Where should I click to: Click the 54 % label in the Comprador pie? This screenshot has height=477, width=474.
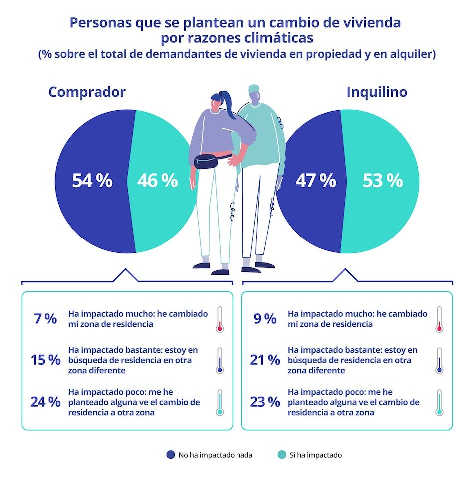(92, 181)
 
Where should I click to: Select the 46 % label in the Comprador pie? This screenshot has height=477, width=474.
(157, 181)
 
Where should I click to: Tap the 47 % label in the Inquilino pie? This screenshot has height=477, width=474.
(315, 181)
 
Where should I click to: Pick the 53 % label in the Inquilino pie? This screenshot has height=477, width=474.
(382, 181)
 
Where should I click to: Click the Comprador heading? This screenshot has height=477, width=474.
(87, 92)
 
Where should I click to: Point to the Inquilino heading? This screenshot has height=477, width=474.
(377, 92)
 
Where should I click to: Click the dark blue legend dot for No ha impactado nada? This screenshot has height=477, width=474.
(171, 455)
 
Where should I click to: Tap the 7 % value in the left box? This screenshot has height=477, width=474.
(45, 319)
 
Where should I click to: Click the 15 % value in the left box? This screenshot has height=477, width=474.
(45, 360)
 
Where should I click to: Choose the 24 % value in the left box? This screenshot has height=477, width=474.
(45, 402)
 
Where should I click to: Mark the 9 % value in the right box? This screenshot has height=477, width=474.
(265, 319)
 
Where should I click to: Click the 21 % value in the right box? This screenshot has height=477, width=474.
(265, 360)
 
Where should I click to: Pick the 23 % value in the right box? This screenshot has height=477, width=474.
(265, 402)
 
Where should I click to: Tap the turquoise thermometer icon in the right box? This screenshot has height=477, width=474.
(439, 402)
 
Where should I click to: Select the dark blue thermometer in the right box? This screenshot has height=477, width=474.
(439, 361)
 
